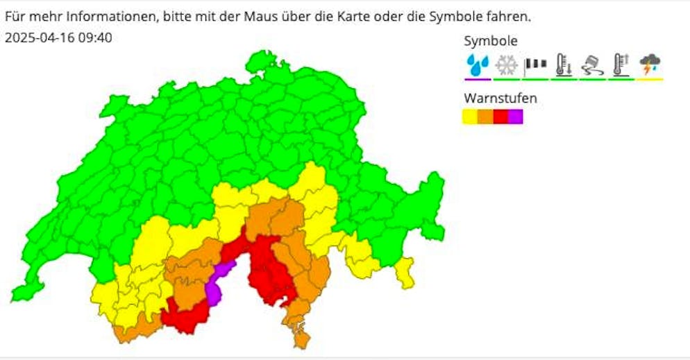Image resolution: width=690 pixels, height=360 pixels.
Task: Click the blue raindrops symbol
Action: [x=478, y=65]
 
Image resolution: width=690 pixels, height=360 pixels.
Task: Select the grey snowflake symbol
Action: [x=506, y=65]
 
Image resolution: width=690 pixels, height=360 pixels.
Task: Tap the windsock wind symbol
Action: [x=535, y=65]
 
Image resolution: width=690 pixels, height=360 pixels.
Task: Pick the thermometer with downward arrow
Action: [x=564, y=65]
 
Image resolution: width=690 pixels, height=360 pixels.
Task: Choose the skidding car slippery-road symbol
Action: [x=592, y=65]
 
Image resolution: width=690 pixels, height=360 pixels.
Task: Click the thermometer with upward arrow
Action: [x=621, y=65]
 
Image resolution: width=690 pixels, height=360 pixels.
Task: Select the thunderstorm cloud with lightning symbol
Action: [x=650, y=65]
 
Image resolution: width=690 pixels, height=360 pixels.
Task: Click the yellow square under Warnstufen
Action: [x=470, y=117]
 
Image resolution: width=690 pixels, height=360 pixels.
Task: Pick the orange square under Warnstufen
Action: [x=485, y=117]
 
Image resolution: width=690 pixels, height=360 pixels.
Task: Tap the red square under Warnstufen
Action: [x=500, y=117]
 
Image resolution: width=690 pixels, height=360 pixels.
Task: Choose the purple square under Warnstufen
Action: [x=515, y=117]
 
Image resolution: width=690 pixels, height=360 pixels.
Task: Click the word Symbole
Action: [x=490, y=41]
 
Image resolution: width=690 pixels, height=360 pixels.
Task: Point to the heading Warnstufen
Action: [x=500, y=98]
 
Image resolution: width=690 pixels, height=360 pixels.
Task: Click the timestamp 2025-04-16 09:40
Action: [x=58, y=37]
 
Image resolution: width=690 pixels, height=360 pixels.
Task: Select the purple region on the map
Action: [x=217, y=284]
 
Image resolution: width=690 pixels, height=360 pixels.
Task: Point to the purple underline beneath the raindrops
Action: [x=478, y=79]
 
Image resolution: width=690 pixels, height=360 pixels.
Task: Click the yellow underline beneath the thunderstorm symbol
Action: [x=650, y=79]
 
